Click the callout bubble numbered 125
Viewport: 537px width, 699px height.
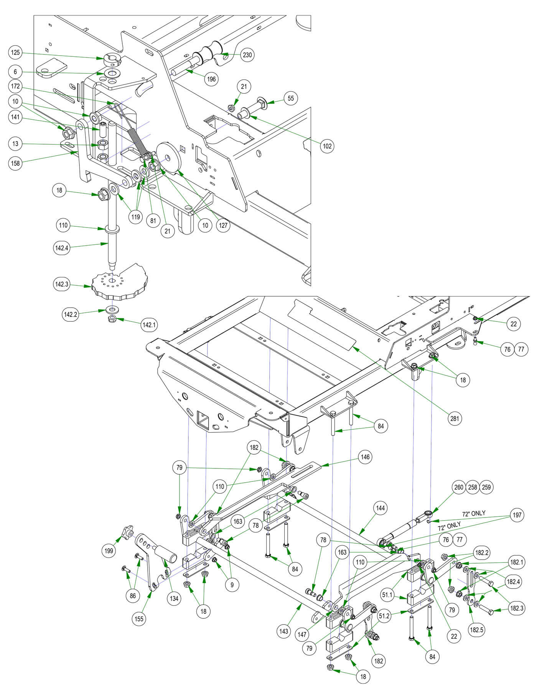tap(15, 53)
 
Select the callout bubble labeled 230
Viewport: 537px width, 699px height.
tap(247, 55)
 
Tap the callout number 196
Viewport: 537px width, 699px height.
tap(211, 79)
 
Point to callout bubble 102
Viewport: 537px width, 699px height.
tap(327, 146)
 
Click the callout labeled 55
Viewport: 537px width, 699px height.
tap(291, 98)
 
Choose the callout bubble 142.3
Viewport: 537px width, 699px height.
tap(62, 284)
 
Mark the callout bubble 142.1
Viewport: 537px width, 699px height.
tap(149, 325)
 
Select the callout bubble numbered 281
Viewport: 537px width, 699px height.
tap(455, 418)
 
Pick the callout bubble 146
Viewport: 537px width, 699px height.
tap(365, 457)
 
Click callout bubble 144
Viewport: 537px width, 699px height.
tap(380, 508)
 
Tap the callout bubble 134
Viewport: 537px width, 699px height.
tap(174, 598)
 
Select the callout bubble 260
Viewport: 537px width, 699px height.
tap(459, 487)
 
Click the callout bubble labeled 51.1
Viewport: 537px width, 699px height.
tap(387, 595)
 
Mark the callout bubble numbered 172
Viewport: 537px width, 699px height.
tap(15, 86)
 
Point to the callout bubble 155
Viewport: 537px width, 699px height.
tap(139, 618)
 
